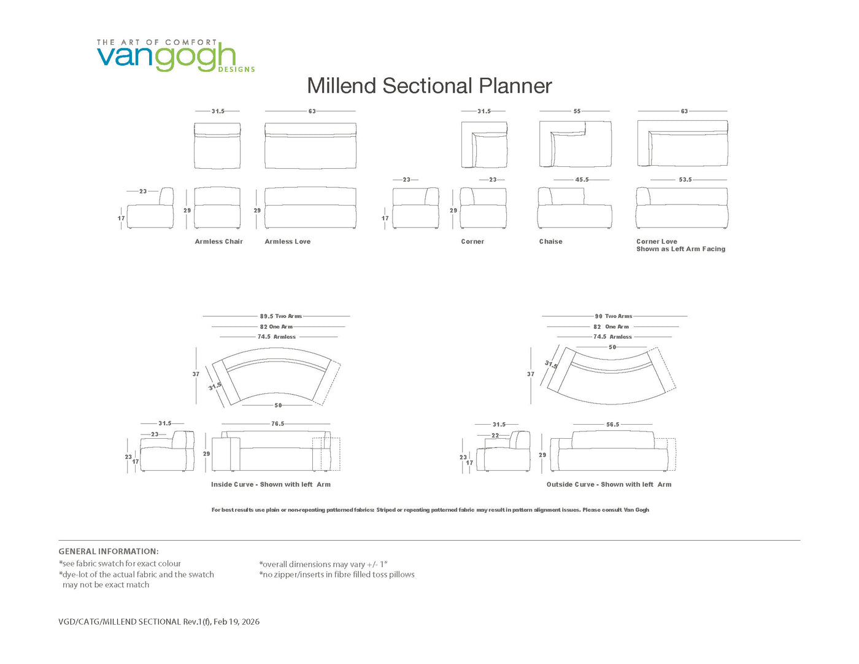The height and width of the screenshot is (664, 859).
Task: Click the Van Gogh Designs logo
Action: [x=175, y=55]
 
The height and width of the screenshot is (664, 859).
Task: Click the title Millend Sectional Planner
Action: [x=429, y=86]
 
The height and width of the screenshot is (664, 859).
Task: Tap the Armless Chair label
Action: [x=218, y=242]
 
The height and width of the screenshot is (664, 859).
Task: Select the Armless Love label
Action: [x=287, y=242]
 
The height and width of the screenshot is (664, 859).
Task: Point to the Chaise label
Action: [x=550, y=242]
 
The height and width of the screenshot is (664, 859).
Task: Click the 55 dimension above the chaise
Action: [x=577, y=112]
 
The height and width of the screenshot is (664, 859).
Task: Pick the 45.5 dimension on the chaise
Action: [x=582, y=180]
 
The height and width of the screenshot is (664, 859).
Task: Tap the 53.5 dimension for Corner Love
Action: [x=685, y=180]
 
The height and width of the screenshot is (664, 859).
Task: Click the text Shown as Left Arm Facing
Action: [x=680, y=249]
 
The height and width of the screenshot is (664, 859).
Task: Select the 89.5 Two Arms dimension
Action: [x=280, y=316]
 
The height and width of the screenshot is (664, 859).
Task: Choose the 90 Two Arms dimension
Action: [x=614, y=316]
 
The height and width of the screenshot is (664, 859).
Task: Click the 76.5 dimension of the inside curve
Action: [x=277, y=423]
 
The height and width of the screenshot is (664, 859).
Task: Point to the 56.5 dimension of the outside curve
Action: [x=613, y=425]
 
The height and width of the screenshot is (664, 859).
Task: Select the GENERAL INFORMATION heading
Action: [x=109, y=551]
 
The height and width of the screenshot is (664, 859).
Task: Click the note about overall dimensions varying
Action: [x=323, y=565]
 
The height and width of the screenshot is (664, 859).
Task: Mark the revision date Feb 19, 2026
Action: [x=236, y=622]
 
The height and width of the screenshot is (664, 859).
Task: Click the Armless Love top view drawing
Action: [x=310, y=145]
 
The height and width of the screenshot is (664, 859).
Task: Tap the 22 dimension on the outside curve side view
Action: [x=495, y=436]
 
